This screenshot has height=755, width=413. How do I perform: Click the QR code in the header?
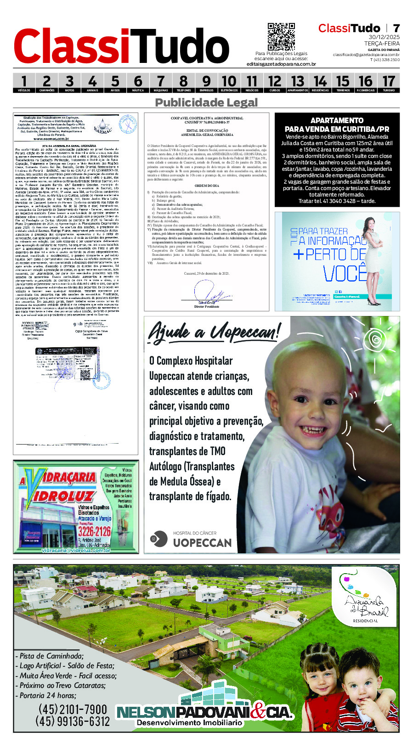281,36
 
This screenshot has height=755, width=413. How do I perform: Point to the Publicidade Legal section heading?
206,102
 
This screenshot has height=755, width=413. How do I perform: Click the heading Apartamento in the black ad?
337,120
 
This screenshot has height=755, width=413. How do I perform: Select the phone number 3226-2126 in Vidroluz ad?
94,531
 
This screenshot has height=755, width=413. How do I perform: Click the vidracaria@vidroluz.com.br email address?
76,550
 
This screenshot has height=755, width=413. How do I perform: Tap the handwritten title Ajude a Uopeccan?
214,332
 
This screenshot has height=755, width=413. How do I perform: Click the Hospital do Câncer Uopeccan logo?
191,539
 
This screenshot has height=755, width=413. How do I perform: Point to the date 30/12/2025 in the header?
384,37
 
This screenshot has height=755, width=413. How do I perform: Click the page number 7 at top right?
396,28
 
